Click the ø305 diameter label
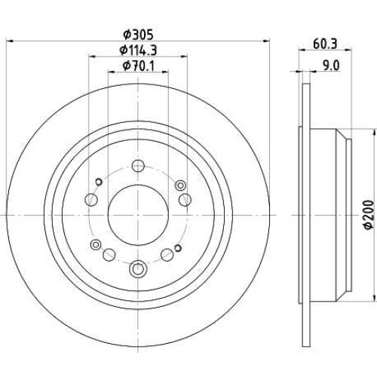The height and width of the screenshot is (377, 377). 138,35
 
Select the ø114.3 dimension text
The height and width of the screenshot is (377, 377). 138,51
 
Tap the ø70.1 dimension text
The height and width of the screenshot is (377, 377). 138,66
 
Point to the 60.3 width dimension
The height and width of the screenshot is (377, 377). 325,44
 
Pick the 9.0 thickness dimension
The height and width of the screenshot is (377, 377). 331,66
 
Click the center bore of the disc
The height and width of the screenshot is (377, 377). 138,215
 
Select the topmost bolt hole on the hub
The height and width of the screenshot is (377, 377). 138,166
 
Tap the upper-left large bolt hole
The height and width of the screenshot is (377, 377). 91,200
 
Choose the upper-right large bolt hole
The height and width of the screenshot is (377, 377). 185,200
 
